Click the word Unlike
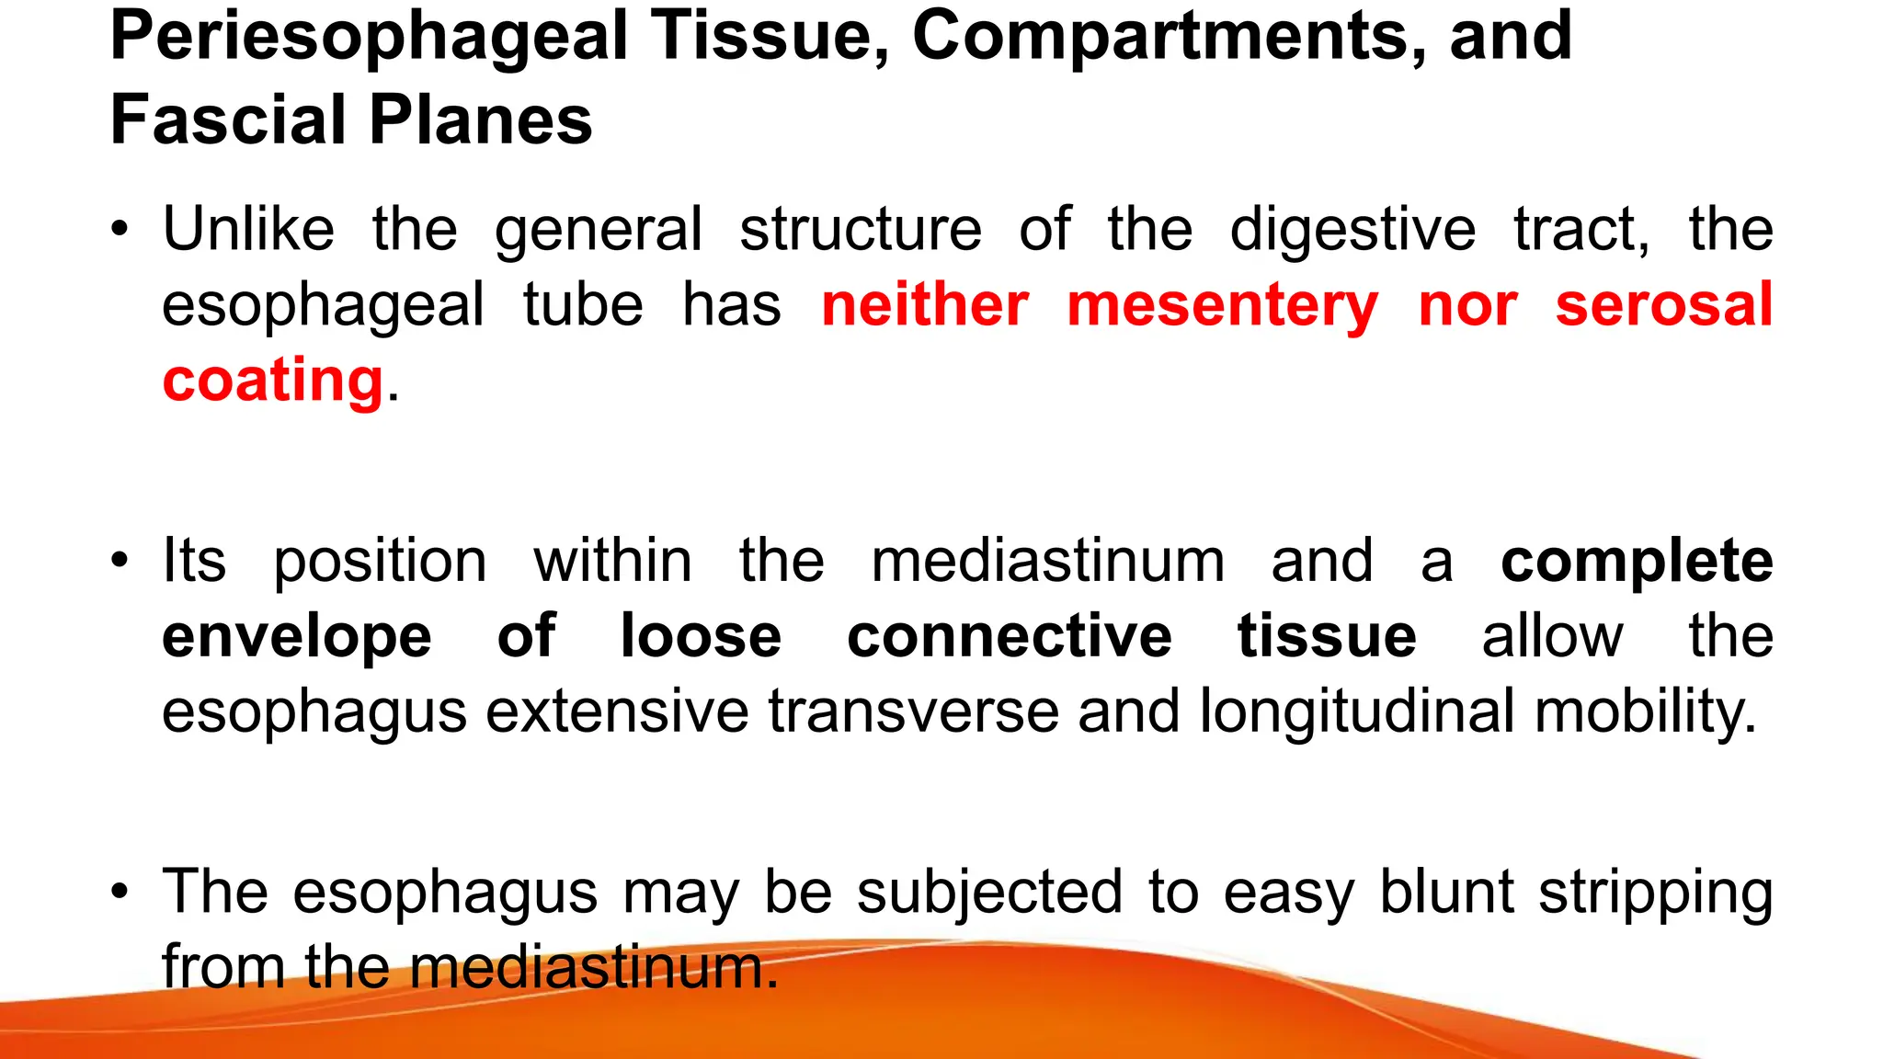pos(248,229)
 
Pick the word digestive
pos(1352,231)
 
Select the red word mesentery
pos(1223,305)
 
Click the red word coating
pos(272,381)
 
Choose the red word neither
pos(925,305)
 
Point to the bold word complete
pos(1637,561)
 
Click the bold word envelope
pos(297,636)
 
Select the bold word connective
pos(1010,636)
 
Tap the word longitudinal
pos(1357,712)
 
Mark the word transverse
pos(914,712)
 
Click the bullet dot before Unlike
pos(119,230)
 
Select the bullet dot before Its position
pos(119,561)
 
